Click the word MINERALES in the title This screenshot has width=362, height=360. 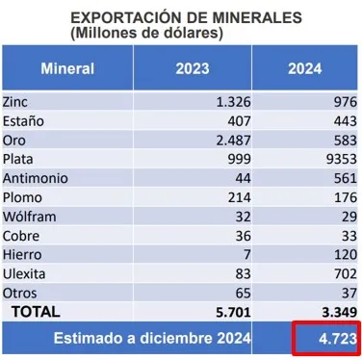pos(257,17)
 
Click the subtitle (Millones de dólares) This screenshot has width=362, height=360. pos(146,33)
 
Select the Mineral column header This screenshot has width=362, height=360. pos(67,68)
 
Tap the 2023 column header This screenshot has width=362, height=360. pos(193,68)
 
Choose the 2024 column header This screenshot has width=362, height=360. pos(304,68)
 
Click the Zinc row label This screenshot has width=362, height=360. pos(15,102)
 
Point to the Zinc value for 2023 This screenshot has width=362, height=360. pos(233,102)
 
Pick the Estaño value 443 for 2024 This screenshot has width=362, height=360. pos(346,121)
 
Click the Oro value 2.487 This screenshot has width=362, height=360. pos(233,141)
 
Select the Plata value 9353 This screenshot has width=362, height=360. pos(342,159)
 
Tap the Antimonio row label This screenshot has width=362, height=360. pos(36,178)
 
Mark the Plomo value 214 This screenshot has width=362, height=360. pos(240,197)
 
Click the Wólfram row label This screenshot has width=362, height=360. pos(30,217)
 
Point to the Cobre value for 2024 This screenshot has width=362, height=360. pos(349,236)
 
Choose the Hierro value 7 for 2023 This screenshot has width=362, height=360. pos(246,255)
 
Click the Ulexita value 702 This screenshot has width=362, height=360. pos(346,273)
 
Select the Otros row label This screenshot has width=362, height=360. pos(19,293)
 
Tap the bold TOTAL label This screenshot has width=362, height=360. pos(36,312)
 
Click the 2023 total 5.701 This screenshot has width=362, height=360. pos(233,312)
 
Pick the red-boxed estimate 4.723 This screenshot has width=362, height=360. pos(338,339)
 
